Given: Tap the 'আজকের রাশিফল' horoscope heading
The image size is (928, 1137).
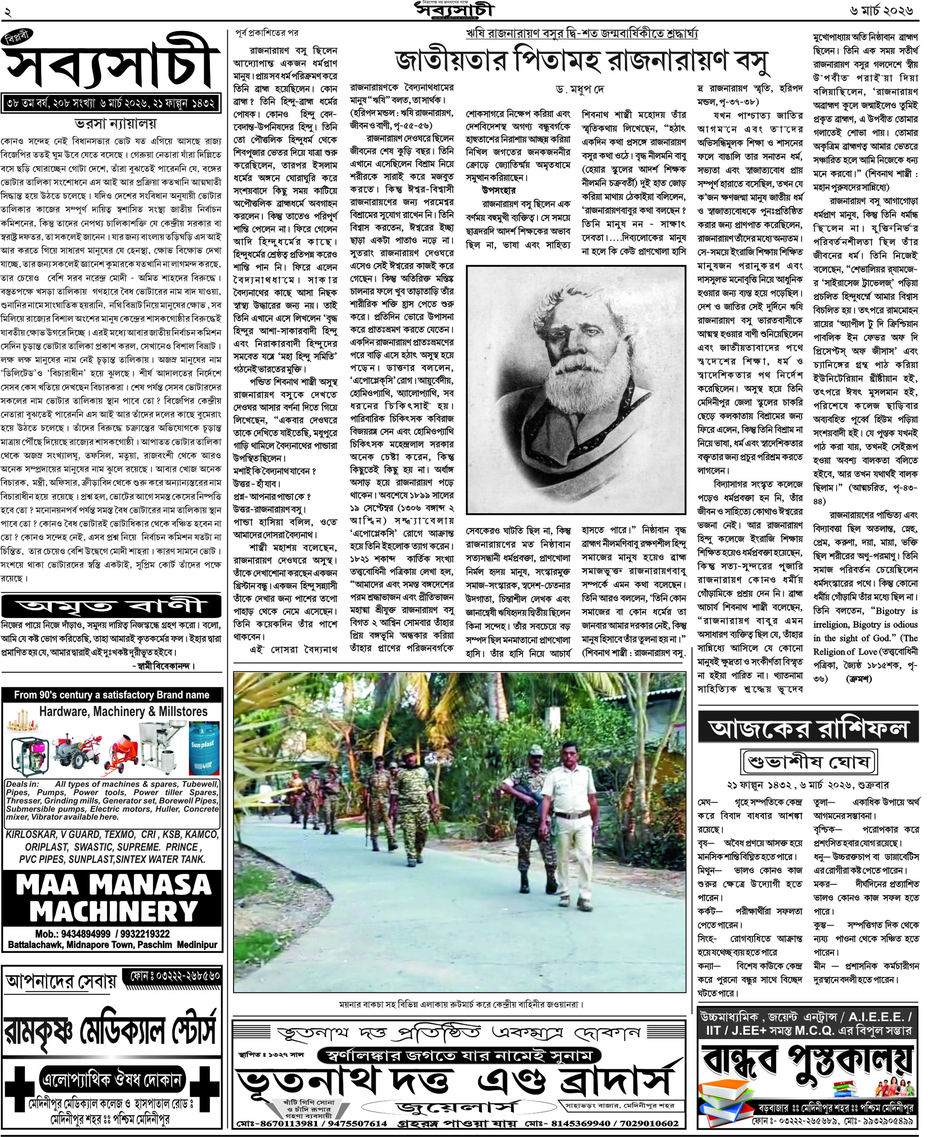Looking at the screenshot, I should coord(808,728).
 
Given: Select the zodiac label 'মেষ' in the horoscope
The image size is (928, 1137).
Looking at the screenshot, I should coord(708,803).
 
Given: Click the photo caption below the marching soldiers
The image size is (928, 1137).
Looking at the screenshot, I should coord(460,1005).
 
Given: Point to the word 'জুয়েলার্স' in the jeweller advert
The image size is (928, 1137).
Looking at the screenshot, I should coord(457,1106).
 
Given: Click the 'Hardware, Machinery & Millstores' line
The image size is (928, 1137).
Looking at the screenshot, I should coord(123,712).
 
